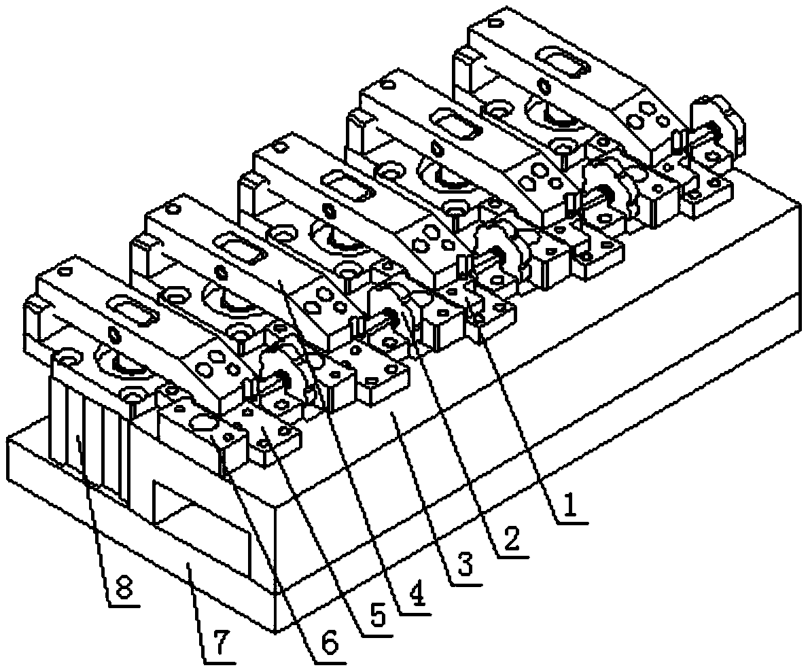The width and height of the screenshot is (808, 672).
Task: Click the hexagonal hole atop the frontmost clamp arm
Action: coord(114,334)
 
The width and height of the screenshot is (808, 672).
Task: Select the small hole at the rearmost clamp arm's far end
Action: coord(495,23)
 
